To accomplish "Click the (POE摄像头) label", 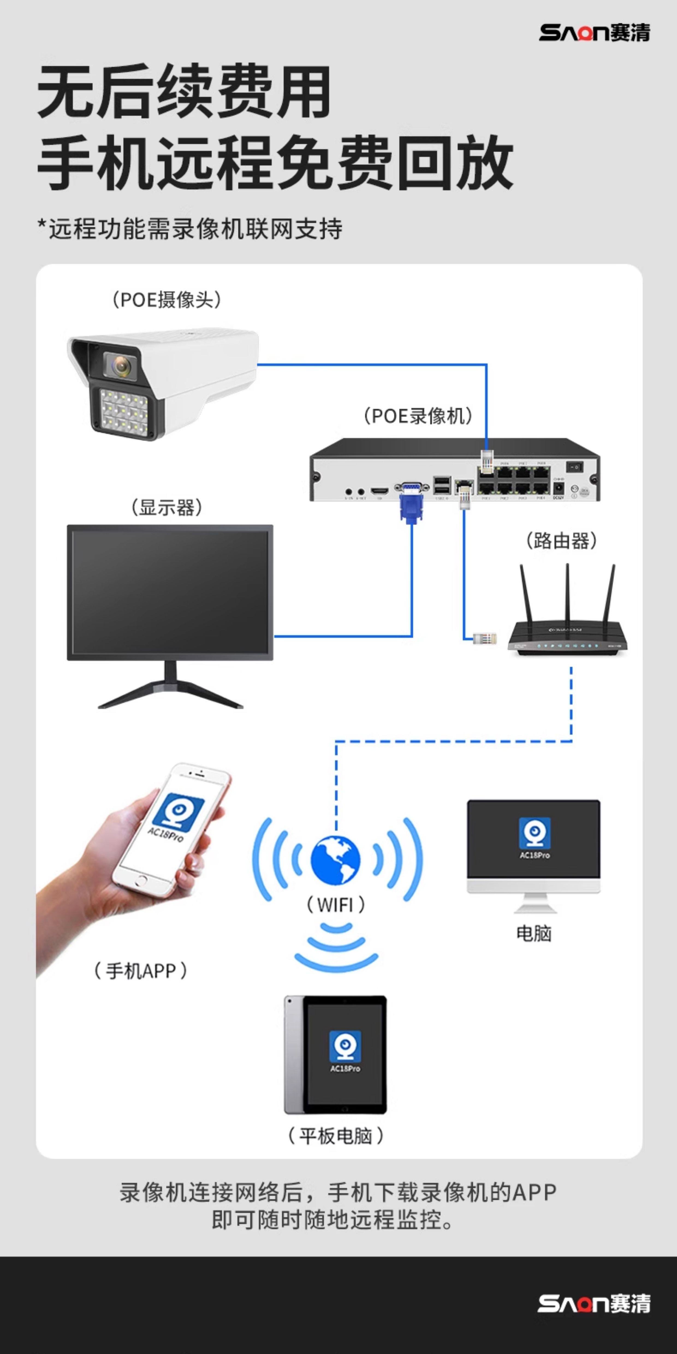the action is (167, 300).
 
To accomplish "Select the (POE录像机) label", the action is (418, 416).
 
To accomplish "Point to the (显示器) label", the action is (167, 508).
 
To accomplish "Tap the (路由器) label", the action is (561, 540).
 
